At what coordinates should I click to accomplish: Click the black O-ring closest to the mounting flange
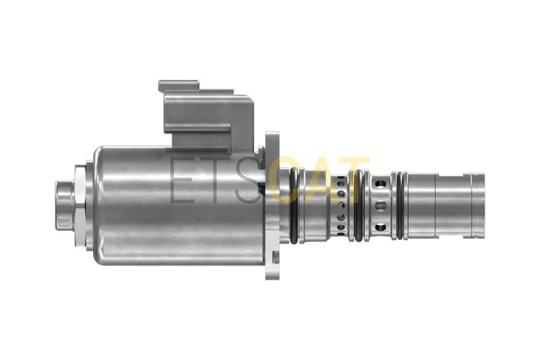(295, 205)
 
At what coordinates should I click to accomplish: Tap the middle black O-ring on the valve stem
(358, 205)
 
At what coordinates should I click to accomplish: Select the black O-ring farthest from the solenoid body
(400, 205)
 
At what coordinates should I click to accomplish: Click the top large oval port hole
(380, 184)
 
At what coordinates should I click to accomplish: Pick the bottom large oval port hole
(380, 227)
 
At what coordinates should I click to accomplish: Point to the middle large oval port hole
(380, 206)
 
